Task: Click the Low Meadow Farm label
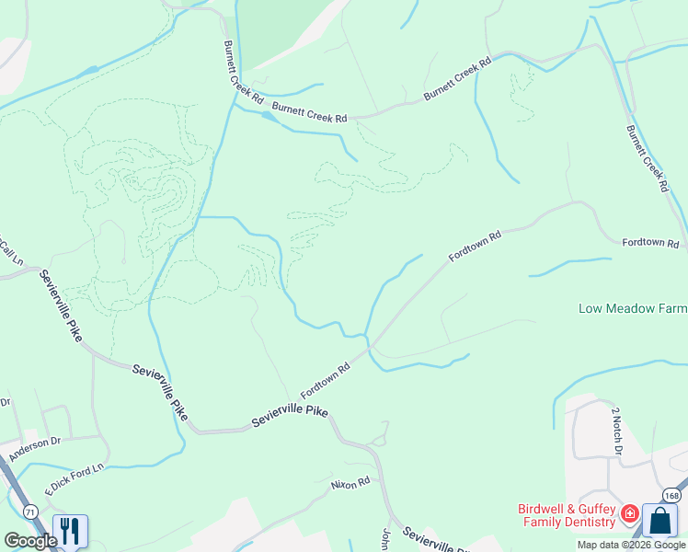point(633,308)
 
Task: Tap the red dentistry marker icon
point(630,513)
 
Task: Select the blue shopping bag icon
point(659,521)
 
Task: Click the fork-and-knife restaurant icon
point(69,531)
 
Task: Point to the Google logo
point(30,541)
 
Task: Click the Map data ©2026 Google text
point(631,545)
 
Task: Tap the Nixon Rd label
point(350,482)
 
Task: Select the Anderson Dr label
point(34,448)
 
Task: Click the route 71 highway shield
point(30,510)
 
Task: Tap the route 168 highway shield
point(672,496)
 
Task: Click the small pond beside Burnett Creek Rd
point(269,117)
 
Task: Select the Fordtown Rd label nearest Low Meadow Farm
point(650,244)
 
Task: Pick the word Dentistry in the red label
point(585,523)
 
